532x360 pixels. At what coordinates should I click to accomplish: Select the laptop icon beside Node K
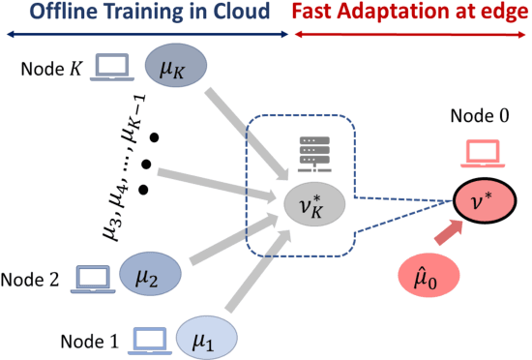click(x=114, y=67)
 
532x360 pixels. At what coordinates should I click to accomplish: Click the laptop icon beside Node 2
click(x=92, y=279)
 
